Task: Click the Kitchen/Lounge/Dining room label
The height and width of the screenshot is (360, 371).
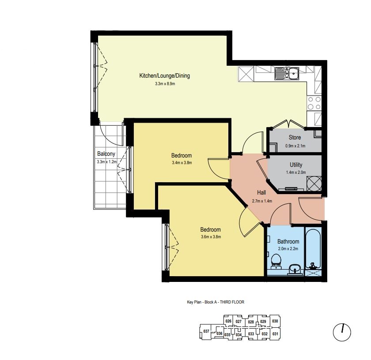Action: tap(164, 75)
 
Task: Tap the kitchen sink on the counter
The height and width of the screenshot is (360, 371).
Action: tap(287, 73)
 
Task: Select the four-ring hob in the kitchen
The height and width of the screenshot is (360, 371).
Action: tap(314, 103)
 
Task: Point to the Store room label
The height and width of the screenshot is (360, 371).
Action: tap(295, 137)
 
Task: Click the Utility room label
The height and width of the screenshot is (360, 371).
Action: tap(296, 165)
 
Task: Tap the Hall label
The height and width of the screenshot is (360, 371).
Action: tap(261, 192)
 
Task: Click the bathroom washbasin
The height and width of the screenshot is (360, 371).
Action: tap(295, 270)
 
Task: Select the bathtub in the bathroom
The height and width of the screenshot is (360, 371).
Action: tap(313, 249)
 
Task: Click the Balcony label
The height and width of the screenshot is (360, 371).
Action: tap(106, 154)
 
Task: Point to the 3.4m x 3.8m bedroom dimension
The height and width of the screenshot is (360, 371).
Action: tap(182, 163)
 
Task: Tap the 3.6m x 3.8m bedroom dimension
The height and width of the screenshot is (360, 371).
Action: tap(211, 237)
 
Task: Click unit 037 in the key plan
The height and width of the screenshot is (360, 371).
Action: tap(206, 331)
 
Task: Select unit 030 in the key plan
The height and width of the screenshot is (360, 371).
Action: tap(275, 321)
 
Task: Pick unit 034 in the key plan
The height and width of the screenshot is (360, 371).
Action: tap(239, 334)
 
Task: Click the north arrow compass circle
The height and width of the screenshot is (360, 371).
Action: tap(342, 332)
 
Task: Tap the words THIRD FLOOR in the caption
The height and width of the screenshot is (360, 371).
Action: tap(232, 302)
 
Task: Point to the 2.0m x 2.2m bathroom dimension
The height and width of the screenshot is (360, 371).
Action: tap(288, 249)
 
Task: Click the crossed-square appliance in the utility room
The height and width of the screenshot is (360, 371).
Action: tap(314, 184)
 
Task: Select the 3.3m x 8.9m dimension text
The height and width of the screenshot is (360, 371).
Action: tap(165, 84)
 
